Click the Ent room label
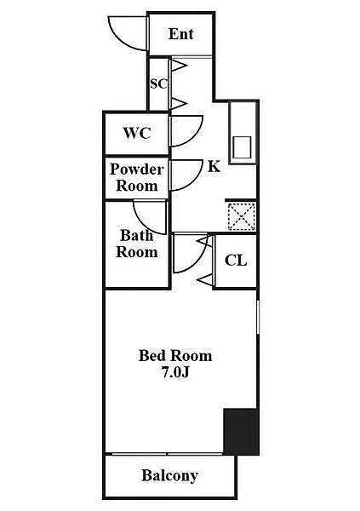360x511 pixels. click(x=180, y=34)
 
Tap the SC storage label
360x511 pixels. click(x=158, y=83)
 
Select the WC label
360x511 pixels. click(x=137, y=133)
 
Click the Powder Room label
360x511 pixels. click(x=137, y=177)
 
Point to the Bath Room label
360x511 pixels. click(x=137, y=244)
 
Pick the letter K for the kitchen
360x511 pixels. click(x=214, y=166)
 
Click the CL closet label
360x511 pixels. click(x=236, y=261)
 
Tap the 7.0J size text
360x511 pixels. click(x=175, y=372)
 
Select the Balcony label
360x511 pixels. click(x=169, y=475)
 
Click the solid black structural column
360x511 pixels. click(x=241, y=431)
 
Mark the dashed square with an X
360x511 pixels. click(x=242, y=216)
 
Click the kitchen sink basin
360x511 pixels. click(x=243, y=147)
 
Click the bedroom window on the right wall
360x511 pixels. click(x=258, y=317)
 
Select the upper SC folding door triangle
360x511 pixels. click(x=179, y=66)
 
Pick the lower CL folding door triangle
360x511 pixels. click(x=206, y=279)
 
